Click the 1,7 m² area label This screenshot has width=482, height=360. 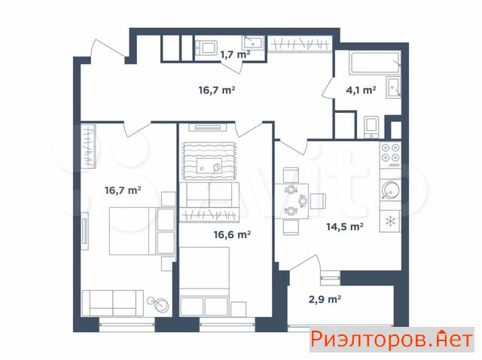tap(235, 55)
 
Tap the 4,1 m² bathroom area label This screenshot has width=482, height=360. tap(361, 90)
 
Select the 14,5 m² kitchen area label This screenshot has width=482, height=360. tap(345, 227)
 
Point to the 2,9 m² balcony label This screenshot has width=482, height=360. tap(325, 299)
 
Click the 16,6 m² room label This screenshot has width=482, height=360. tap(232, 234)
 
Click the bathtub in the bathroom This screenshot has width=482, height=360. tap(375, 63)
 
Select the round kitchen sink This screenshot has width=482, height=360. tap(390, 190)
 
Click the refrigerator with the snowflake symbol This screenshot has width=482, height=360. tap(390, 221)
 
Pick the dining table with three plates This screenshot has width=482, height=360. tap(291, 201)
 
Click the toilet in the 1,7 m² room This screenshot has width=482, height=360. tap(206, 48)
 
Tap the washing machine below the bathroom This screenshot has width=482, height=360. tap(371, 127)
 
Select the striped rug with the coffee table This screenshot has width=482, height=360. tap(209, 160)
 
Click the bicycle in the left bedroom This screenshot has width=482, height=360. tap(158, 304)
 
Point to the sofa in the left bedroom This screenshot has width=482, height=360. tap(112, 303)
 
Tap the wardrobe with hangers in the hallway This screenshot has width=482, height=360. tap(300, 44)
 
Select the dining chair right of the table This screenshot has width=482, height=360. tap(318, 201)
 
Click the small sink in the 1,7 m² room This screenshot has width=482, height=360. tap(253, 43)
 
